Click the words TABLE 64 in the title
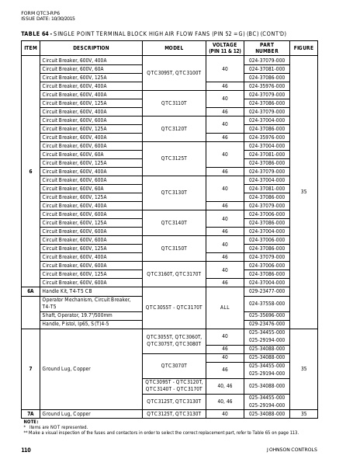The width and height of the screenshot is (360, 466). (x=35, y=33)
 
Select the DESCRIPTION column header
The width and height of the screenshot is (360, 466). (x=91, y=47)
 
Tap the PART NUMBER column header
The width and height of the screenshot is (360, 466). (x=266, y=47)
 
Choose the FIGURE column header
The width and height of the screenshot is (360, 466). (x=303, y=47)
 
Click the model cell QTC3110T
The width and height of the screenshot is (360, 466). (x=174, y=103)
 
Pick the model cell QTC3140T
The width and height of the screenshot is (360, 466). (x=174, y=222)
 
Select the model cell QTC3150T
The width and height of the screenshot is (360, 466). (x=174, y=248)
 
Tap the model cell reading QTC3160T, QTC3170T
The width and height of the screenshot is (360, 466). (x=174, y=273)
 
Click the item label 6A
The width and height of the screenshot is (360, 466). (x=31, y=290)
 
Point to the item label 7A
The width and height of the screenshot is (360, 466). (x=31, y=414)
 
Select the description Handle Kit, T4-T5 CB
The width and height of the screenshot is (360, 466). (x=72, y=290)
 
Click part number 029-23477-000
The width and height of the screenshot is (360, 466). (x=266, y=290)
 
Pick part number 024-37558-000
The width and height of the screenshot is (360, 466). (x=266, y=303)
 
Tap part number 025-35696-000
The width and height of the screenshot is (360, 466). (x=266, y=315)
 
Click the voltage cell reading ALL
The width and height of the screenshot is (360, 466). (x=225, y=307)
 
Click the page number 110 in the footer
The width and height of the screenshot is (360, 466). (x=26, y=450)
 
